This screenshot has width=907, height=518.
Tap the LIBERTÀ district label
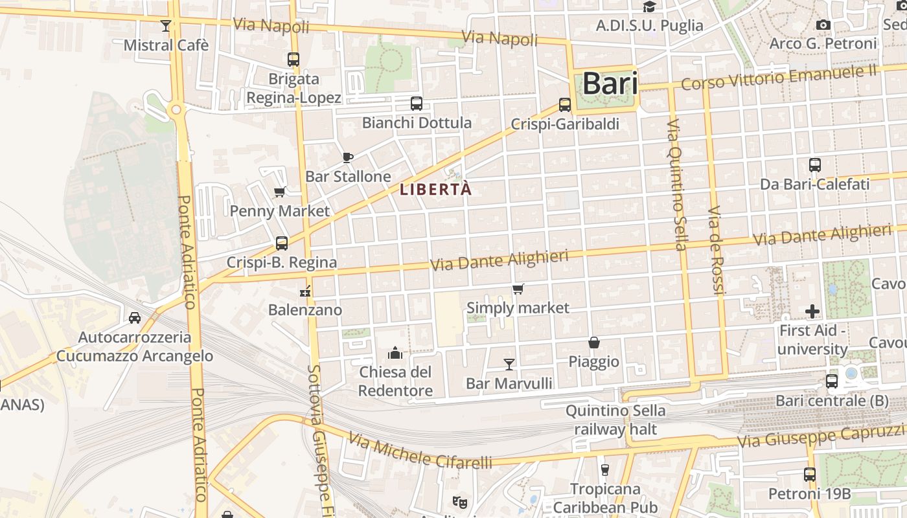(x=435, y=190)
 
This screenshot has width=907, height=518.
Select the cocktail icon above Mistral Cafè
(x=166, y=26)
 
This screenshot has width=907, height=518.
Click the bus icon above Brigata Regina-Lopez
(x=293, y=60)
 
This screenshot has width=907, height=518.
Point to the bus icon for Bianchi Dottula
(x=417, y=103)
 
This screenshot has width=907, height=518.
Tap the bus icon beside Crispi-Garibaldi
(x=565, y=105)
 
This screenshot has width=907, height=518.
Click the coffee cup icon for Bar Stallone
(x=348, y=157)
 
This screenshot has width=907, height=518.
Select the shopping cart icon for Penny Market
(x=280, y=192)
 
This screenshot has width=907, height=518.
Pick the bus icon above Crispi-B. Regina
(x=281, y=243)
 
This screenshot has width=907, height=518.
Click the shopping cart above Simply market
(x=518, y=289)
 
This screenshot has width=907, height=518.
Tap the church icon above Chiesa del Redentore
(x=395, y=353)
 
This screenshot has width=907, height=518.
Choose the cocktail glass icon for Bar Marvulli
(x=509, y=365)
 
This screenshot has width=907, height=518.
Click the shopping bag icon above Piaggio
(x=594, y=343)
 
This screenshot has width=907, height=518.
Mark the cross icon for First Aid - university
(x=812, y=311)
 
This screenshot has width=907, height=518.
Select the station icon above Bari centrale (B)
(x=832, y=381)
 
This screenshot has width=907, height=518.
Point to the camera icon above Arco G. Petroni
(x=823, y=25)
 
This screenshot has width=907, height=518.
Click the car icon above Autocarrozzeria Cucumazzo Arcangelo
(x=134, y=318)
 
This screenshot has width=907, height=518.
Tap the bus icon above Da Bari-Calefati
(x=815, y=165)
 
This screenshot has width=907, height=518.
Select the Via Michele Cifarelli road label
(x=420, y=451)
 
